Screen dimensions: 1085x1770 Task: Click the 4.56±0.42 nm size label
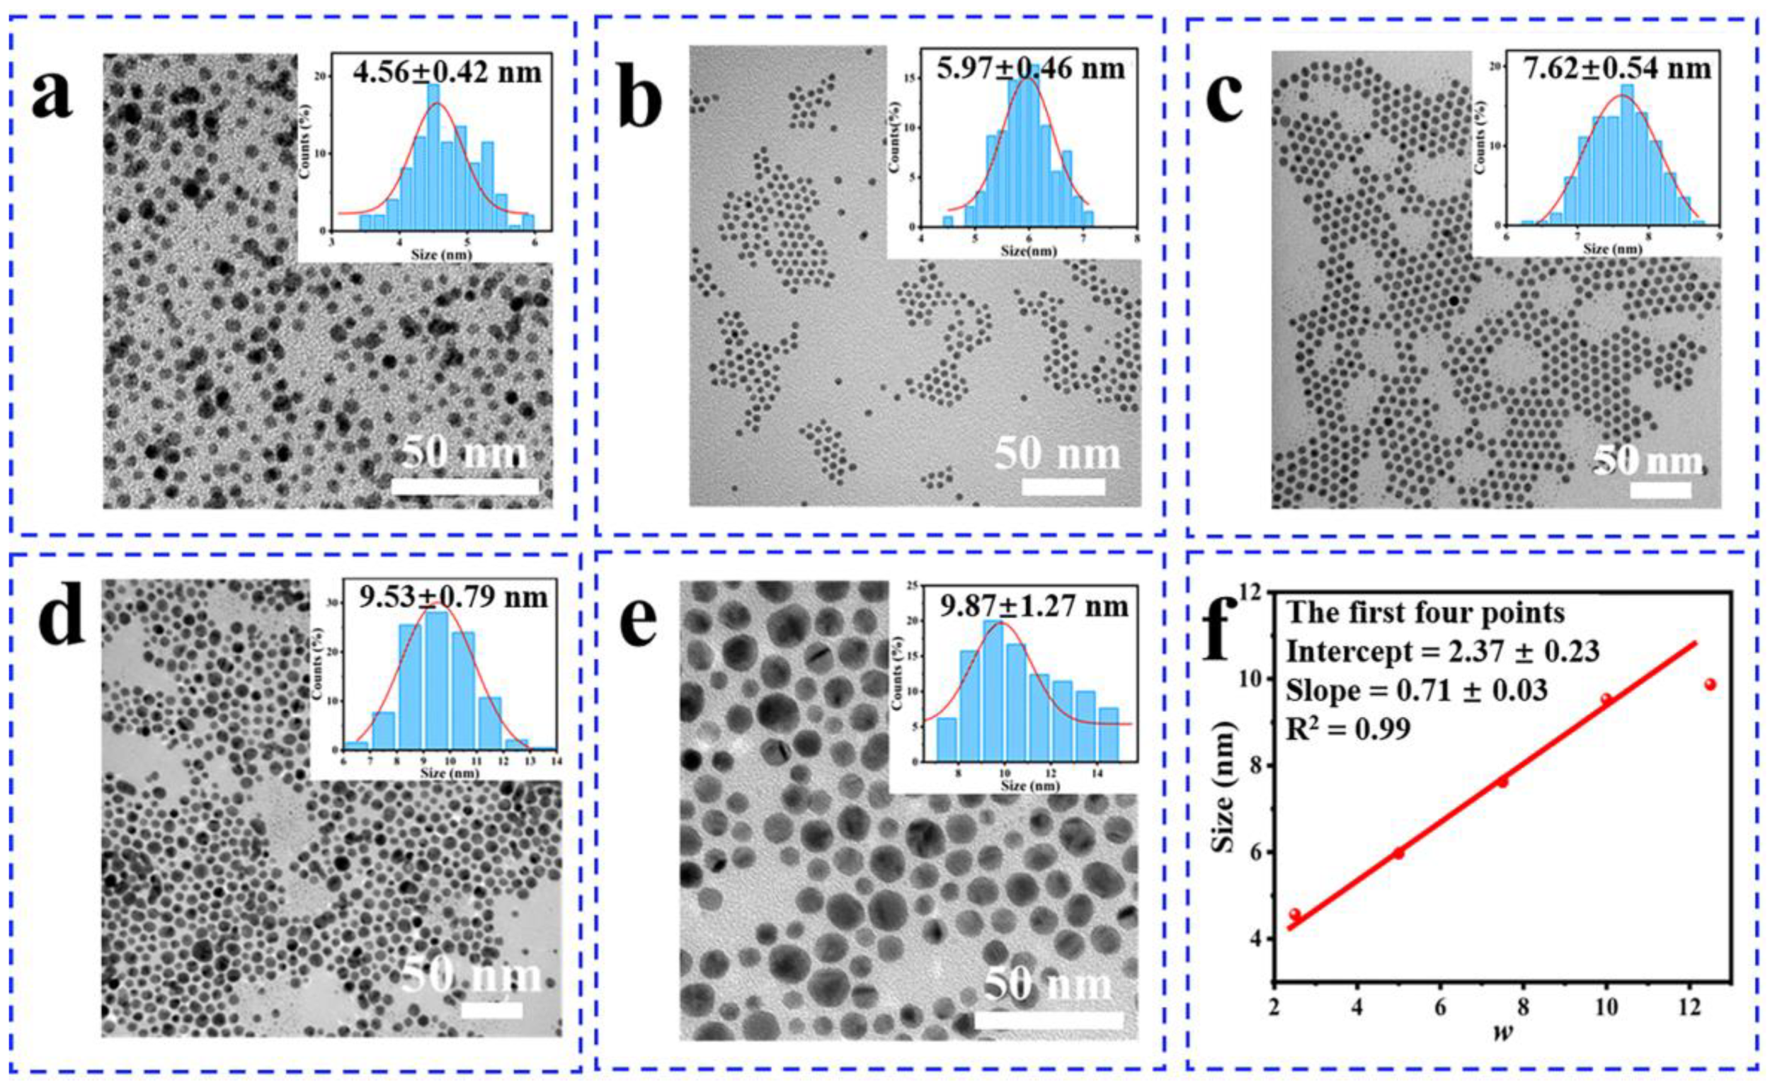pyautogui.click(x=447, y=71)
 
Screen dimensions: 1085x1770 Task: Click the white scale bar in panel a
pyautogui.click(x=464, y=486)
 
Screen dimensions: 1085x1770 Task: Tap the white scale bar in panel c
pyautogui.click(x=1660, y=490)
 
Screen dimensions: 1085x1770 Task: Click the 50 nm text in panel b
pyautogui.click(x=1058, y=454)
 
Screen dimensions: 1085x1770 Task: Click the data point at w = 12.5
pyautogui.click(x=1710, y=684)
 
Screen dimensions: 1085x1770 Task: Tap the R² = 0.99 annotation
pyautogui.click(x=1348, y=729)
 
